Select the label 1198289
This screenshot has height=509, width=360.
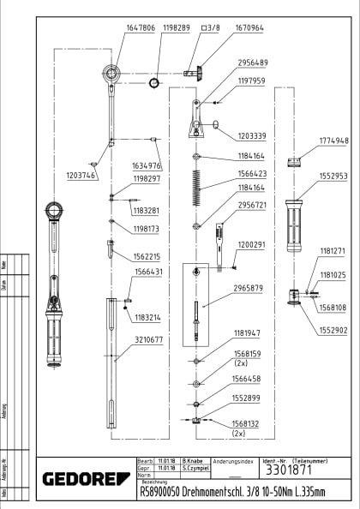[x=171, y=28]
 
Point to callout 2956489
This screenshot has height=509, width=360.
[x=252, y=63]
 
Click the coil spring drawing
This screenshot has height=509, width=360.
[x=198, y=182]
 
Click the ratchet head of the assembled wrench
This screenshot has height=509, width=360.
[x=53, y=209]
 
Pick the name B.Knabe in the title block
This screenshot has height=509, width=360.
[x=195, y=461]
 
